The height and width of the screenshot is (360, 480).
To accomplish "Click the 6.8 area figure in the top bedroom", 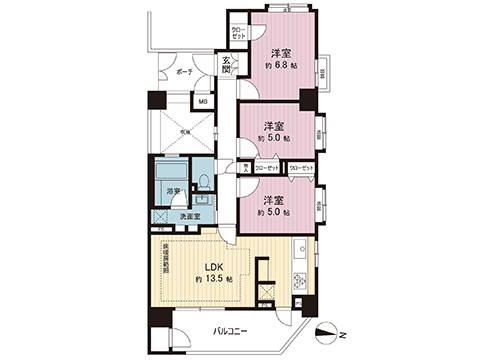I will pos(284,65).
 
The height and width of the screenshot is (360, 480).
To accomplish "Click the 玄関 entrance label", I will pos(227,67).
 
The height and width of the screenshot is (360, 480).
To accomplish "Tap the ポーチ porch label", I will pos(183,74).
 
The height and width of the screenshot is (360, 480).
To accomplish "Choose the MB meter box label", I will pos(203,102).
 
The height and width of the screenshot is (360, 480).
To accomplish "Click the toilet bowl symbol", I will pos(203,182).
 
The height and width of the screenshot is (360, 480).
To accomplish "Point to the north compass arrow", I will pos(326,334).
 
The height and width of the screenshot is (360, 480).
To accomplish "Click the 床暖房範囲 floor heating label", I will pos(166,258).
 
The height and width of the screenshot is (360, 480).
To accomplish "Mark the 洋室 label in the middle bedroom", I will pos(273,126).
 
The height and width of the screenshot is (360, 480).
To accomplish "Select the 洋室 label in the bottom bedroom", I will pos(273,199).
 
